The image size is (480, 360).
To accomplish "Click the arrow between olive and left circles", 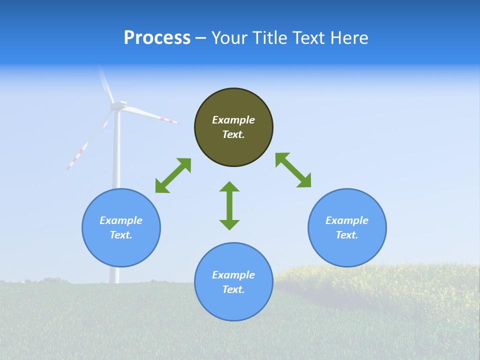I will coord(173,175).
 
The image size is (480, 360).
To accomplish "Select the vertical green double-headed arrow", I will coord(229,205).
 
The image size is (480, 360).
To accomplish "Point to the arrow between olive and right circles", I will coord(293,170).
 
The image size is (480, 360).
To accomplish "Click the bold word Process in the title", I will coord(157,38).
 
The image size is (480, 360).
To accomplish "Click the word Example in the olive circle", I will coord(233,120).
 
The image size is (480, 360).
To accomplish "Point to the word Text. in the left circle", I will coord(121,235).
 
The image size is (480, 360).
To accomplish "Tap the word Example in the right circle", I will coord(347,220).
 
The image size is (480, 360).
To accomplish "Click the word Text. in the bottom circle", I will coord(233,289).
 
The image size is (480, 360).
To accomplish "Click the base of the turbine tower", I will coord(115,280).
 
